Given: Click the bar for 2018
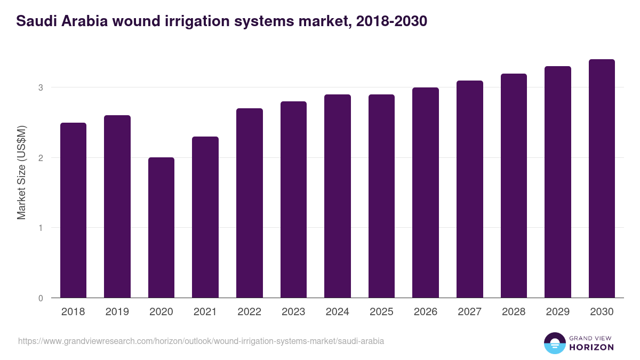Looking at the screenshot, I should (73, 210).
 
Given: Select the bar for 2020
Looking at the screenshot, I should (161, 228).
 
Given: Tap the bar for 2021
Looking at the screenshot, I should (205, 217).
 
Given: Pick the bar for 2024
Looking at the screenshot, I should (337, 196).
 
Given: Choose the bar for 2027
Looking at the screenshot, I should (469, 189).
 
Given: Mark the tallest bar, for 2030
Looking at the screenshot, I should (602, 179).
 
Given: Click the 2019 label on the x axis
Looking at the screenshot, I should (117, 312).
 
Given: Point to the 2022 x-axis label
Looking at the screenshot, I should (249, 312).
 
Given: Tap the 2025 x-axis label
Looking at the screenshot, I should (381, 312).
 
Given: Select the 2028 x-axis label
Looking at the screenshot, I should (514, 312).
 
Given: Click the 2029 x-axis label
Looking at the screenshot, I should (557, 312).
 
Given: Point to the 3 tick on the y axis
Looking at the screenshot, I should (41, 87).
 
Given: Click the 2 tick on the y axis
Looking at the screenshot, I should (41, 158).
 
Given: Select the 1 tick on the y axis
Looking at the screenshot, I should (41, 228).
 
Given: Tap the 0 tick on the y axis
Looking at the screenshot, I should (41, 298).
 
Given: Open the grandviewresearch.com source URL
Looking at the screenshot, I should (201, 341).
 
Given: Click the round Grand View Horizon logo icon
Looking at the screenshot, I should (554, 343).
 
